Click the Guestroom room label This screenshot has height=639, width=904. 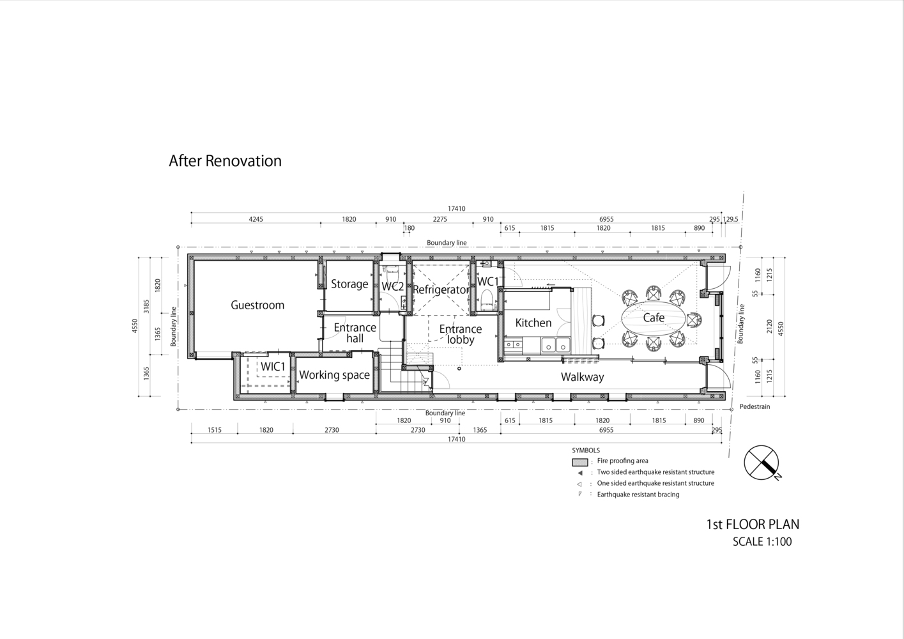(x=257, y=305)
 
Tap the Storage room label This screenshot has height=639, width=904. (x=349, y=284)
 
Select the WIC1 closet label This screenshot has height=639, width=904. (x=273, y=367)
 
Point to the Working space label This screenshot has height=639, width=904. (x=334, y=375)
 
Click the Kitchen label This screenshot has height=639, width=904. (x=533, y=323)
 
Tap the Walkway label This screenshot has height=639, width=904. (x=583, y=377)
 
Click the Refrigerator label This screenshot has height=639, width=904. (x=441, y=290)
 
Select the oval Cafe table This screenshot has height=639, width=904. (x=654, y=318)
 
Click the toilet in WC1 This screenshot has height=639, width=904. (x=487, y=300)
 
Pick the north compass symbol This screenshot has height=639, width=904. (x=762, y=463)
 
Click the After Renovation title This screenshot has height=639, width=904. (x=225, y=160)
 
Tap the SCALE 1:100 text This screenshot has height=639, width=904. (x=762, y=541)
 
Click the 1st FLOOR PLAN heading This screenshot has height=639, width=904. (x=753, y=525)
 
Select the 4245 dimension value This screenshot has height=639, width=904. (x=256, y=219)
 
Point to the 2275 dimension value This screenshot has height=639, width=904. (x=440, y=219)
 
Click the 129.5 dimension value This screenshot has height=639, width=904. (x=730, y=219)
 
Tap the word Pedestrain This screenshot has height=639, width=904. (x=755, y=406)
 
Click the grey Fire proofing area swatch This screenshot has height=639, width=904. (x=579, y=462)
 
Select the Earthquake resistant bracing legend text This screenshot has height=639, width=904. (x=638, y=495)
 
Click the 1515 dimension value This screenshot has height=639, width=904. (x=215, y=430)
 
